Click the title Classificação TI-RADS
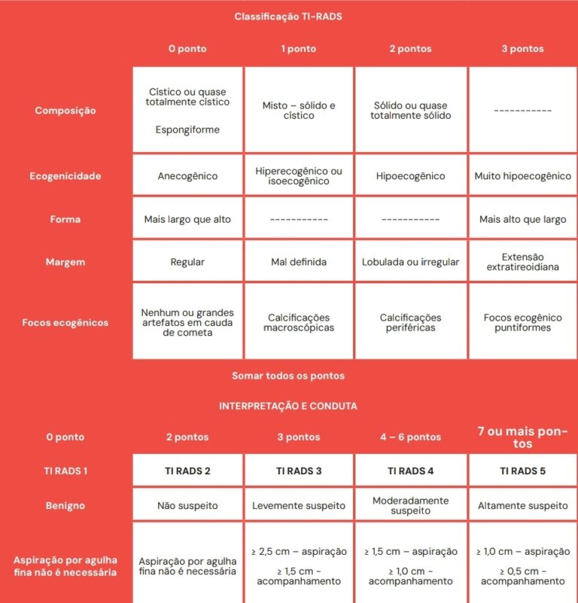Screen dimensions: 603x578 point(288,16)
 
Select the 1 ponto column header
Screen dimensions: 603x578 point(298,49)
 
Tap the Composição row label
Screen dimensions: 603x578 point(65,111)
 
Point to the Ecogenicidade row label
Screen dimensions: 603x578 point(65,176)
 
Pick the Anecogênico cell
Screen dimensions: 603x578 point(187,176)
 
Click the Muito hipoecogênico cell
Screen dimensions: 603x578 point(522,176)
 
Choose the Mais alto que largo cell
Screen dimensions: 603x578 point(522,219)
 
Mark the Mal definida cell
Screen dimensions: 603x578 point(298,262)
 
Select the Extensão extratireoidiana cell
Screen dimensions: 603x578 point(522,262)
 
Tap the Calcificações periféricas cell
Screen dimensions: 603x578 point(410,322)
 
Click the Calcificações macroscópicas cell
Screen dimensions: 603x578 point(298,322)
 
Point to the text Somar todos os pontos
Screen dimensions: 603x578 point(288,376)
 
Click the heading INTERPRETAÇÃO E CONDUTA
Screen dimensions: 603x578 point(288,406)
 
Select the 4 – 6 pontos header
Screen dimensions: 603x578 point(410,437)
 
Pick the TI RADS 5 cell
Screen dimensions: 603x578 point(522,471)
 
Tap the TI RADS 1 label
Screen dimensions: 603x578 point(65,471)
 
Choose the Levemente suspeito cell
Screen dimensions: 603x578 point(298,506)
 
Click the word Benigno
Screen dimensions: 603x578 point(65,506)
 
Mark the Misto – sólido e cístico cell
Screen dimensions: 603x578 point(298,111)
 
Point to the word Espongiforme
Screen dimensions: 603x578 point(187,129)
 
